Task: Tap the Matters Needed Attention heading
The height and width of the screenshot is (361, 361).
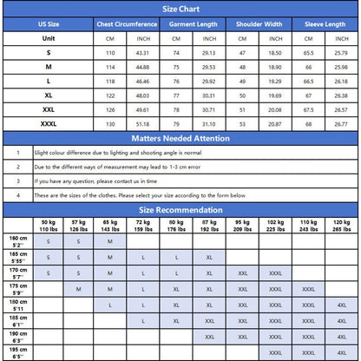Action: pyautogui.click(x=180, y=137)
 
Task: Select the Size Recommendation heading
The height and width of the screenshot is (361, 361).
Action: pyautogui.click(x=180, y=209)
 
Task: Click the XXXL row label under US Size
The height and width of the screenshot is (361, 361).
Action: pyautogui.click(x=49, y=123)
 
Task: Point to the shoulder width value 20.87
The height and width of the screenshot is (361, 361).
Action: pyautogui.click(x=275, y=123)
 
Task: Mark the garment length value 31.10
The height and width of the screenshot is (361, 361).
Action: pyautogui.click(x=209, y=123)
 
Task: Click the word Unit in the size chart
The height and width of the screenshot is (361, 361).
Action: pyautogui.click(x=49, y=39)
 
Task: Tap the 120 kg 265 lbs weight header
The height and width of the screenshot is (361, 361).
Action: pyautogui.click(x=341, y=226)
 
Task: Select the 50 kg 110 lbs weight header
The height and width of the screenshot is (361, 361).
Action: pyautogui.click(x=49, y=226)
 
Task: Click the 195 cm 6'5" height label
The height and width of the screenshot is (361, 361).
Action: pyautogui.click(x=18, y=352)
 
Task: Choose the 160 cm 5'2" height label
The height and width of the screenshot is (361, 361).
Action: pyautogui.click(x=18, y=241)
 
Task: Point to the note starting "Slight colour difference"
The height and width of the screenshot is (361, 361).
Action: pyautogui.click(x=104, y=152)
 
